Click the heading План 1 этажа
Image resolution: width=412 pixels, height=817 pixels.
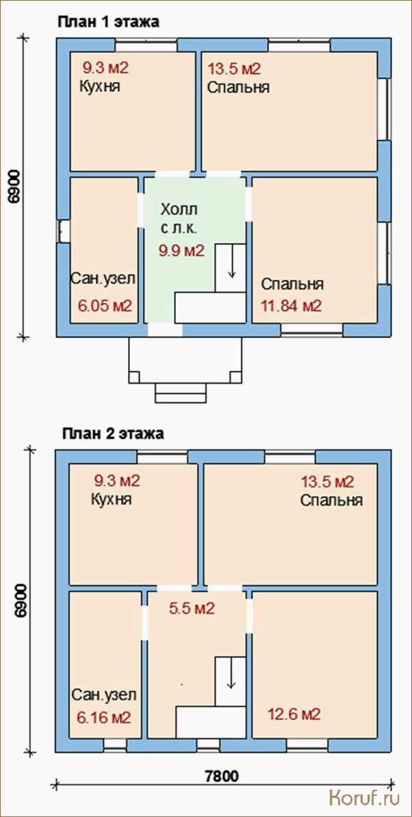click(108, 23)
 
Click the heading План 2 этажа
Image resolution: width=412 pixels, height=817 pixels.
click(112, 434)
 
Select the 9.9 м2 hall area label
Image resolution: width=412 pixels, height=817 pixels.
click(181, 251)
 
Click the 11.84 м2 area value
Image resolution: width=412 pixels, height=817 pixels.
click(291, 305)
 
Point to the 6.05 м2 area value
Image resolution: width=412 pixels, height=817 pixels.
click(104, 305)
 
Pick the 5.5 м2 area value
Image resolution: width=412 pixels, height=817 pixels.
click(192, 608)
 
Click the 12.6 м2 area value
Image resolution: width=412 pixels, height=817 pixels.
click(294, 714)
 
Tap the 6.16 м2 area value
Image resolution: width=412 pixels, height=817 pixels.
click(103, 718)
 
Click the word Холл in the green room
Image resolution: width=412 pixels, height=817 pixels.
click(179, 211)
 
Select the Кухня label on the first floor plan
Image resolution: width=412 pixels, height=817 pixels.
click(99, 86)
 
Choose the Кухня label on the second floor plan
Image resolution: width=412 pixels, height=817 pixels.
click(111, 500)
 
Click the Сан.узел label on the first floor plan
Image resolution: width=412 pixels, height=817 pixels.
click(103, 278)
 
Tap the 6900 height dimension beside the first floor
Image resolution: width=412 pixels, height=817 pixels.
click(14, 186)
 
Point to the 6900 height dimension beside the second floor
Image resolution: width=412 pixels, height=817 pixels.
click(21, 601)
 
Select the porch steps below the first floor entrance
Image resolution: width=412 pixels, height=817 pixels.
click(180, 393)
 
